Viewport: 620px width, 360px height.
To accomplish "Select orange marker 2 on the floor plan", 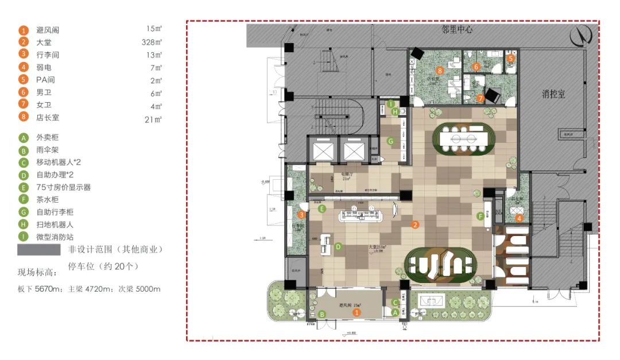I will [415, 226].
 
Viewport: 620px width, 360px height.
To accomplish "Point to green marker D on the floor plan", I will [338, 247].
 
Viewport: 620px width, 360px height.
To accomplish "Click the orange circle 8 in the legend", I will [24, 118].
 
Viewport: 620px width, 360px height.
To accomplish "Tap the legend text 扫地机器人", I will [55, 224].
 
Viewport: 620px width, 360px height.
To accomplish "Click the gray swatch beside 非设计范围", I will [38, 250].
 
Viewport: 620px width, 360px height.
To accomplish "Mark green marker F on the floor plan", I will [480, 216].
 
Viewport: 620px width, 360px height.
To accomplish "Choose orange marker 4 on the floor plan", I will [519, 218].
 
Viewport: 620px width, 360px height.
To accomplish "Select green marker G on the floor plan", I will [390, 141].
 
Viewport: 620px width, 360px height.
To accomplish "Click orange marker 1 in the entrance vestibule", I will [356, 313].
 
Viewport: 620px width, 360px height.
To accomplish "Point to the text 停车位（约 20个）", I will [103, 266].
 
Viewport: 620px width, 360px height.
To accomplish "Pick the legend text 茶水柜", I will [48, 200].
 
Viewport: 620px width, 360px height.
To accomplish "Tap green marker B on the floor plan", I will [322, 314].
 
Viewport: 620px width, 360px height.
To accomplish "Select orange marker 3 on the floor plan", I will [301, 215].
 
